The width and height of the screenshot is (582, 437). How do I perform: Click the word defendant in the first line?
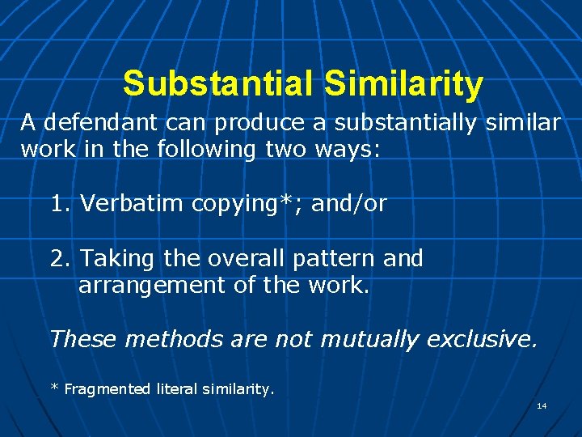pos(100,122)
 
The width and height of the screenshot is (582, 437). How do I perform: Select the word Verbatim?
pos(133,203)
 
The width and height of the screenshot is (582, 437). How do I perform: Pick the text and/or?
pos(348,204)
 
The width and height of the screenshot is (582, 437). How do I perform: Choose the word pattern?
pos(329,259)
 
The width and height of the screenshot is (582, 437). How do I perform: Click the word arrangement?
pos(145,286)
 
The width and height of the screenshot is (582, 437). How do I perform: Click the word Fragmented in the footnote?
pos(107,389)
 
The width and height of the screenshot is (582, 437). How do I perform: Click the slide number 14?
pos(542,405)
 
